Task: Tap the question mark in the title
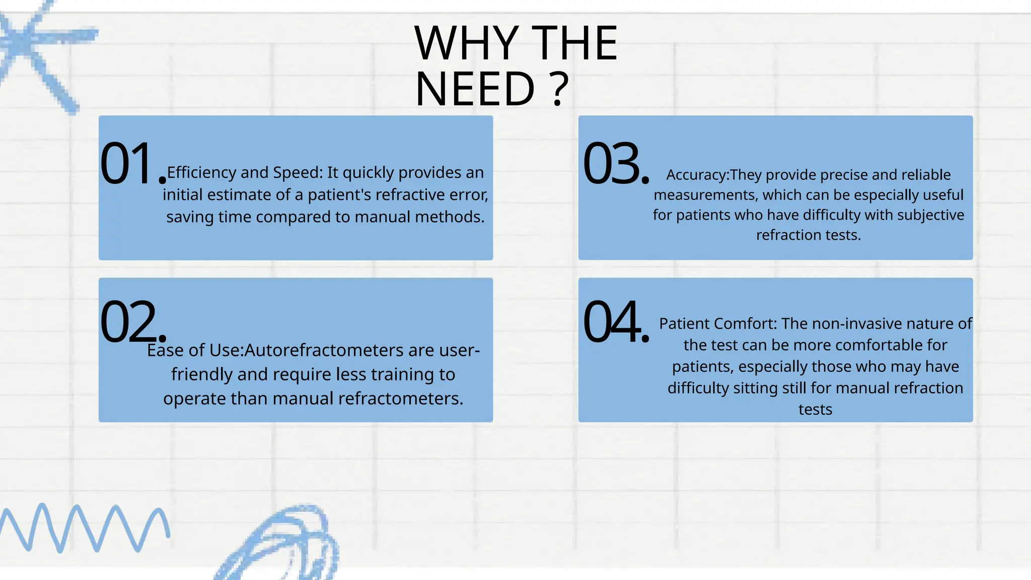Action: click(x=559, y=89)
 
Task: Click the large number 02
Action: click(x=133, y=321)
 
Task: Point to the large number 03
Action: click(x=616, y=163)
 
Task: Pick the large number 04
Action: click(x=616, y=321)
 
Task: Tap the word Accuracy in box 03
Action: click(x=697, y=175)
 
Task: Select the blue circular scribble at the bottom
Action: click(x=279, y=544)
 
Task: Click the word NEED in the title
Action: click(x=475, y=89)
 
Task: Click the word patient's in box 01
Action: click(x=340, y=195)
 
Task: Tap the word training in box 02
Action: click(x=403, y=375)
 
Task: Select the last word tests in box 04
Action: click(x=815, y=410)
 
